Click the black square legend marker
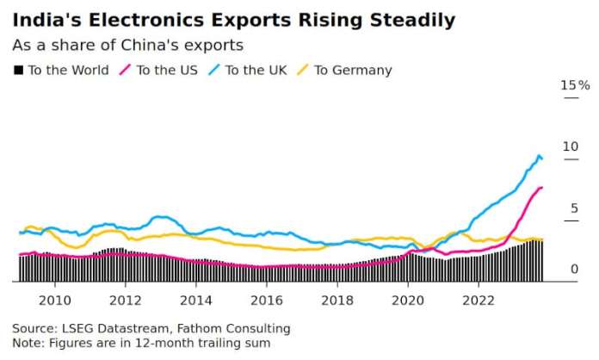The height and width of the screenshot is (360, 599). click(18, 71)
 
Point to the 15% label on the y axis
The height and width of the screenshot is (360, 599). click(575, 85)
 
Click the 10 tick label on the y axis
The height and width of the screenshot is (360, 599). click(571, 147)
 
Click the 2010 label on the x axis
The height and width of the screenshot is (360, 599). click(54, 300)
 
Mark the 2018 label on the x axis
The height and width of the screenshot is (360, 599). click(337, 300)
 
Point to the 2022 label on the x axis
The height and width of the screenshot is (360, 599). click(478, 300)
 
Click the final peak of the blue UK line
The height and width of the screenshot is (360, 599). click(540, 156)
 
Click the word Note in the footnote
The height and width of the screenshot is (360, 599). click(28, 343)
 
